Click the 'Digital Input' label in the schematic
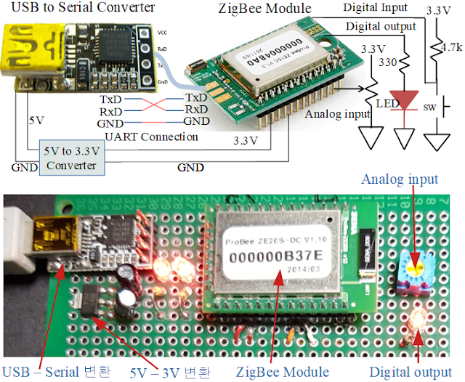(x=371, y=8)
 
